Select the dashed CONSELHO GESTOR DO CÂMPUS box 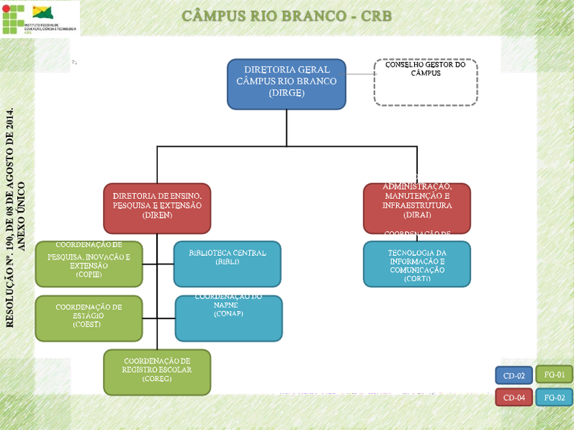[x=425, y=82]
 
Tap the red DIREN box [x=157, y=208]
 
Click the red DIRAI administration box [x=417, y=208]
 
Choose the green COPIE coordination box [x=89, y=264]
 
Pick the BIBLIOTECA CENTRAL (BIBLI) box [x=227, y=264]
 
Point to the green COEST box [x=89, y=318]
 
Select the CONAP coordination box [x=229, y=318]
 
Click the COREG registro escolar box [x=157, y=372]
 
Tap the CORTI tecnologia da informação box [x=417, y=264]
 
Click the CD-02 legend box [x=513, y=375]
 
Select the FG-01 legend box [x=554, y=374]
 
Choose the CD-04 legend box [x=513, y=397]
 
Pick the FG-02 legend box [x=554, y=397]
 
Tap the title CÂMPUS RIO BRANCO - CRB [x=286, y=16]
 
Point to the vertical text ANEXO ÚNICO [x=22, y=217]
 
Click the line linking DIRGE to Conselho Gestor [x=359, y=74]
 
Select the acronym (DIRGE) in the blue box [x=286, y=93]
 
